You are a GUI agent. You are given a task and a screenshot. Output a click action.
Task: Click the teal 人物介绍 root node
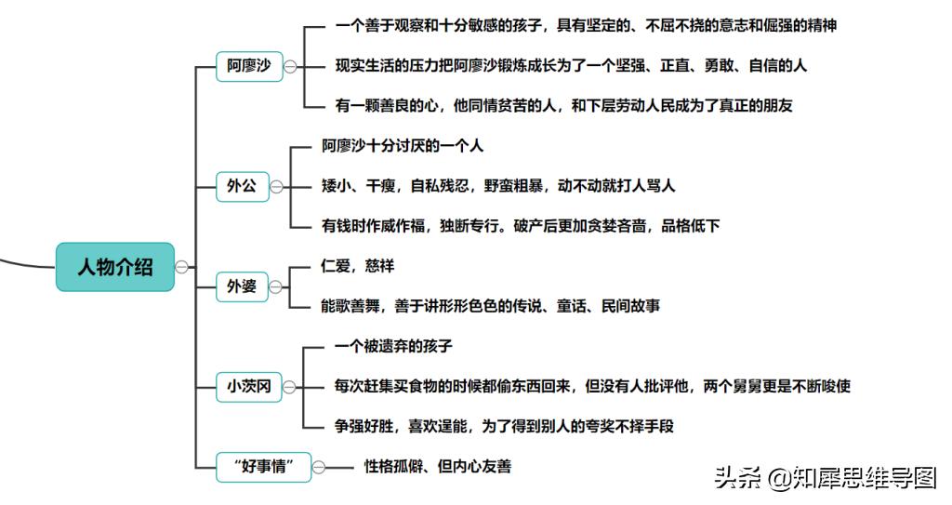point(115,267)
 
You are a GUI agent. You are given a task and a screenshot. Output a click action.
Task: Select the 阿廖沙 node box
point(249,66)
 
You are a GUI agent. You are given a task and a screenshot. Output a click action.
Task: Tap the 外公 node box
point(243,187)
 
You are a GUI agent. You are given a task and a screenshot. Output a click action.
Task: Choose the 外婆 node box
point(242,286)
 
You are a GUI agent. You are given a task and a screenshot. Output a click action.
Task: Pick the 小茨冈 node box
point(249,387)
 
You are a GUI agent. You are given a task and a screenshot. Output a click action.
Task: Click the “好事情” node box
point(263,467)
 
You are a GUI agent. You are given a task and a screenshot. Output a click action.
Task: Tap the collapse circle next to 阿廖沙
point(290,67)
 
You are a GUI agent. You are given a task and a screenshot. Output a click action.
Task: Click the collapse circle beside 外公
point(276,187)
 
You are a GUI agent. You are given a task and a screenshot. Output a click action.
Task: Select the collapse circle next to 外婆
point(275,286)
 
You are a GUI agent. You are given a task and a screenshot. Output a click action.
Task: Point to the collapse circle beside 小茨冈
point(290,387)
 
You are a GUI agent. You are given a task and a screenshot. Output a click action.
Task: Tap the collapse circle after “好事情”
point(319,467)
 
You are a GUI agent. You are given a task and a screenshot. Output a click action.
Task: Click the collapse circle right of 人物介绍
point(181,267)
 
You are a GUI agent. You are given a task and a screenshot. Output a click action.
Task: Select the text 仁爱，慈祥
point(358,266)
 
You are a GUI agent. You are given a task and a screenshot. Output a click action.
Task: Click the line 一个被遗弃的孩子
point(393,346)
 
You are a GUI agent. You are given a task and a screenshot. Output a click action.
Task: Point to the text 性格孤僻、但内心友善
point(438,467)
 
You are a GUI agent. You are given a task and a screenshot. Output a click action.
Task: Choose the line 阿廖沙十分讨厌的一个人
point(403,146)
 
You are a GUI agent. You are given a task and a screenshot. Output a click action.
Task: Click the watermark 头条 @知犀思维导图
point(826,478)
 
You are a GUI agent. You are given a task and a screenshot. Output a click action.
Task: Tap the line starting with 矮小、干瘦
point(498,186)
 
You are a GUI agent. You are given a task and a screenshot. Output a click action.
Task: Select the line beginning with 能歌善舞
point(491,306)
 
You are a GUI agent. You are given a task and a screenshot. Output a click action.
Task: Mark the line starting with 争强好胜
point(504,427)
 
